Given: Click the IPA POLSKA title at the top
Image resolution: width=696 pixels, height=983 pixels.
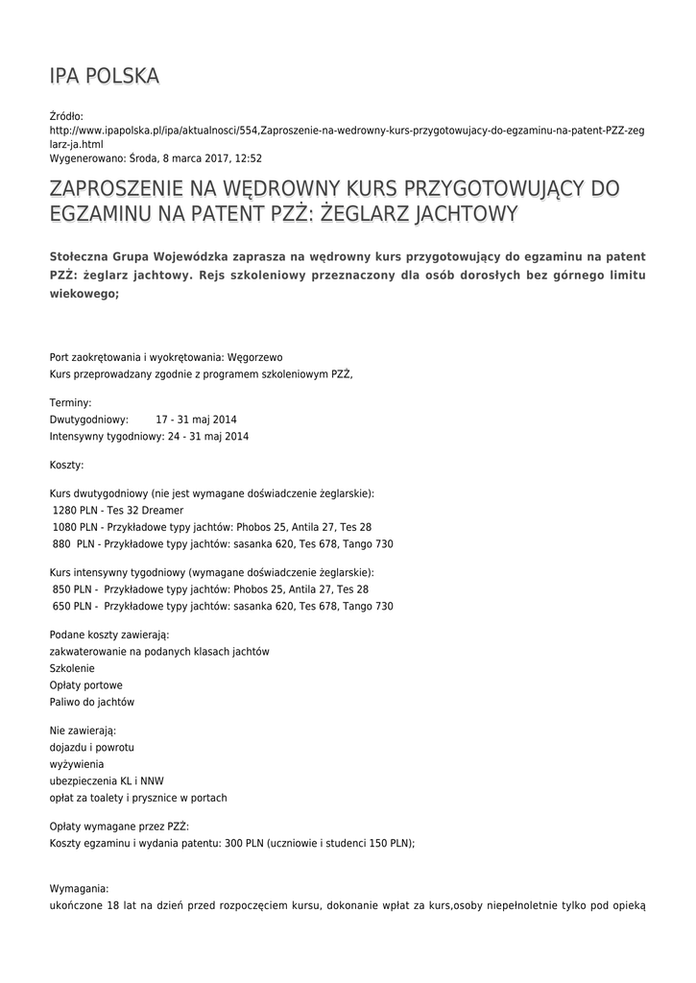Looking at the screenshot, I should pyautogui.click(x=105, y=76).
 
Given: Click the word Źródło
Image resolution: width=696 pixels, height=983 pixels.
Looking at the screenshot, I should pyautogui.click(x=67, y=115).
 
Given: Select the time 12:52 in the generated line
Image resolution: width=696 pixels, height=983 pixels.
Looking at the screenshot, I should pyautogui.click(x=250, y=158).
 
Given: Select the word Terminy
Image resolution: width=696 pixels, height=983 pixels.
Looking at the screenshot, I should pyautogui.click(x=71, y=403).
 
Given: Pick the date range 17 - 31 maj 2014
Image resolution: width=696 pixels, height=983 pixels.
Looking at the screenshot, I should pyautogui.click(x=196, y=420).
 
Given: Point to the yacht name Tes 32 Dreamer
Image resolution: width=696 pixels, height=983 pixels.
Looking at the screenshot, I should pyautogui.click(x=145, y=510).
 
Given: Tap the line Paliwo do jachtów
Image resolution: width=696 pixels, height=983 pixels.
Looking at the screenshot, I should pyautogui.click(x=92, y=702).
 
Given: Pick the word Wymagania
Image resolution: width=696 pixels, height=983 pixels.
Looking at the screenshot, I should pyautogui.click(x=79, y=889).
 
